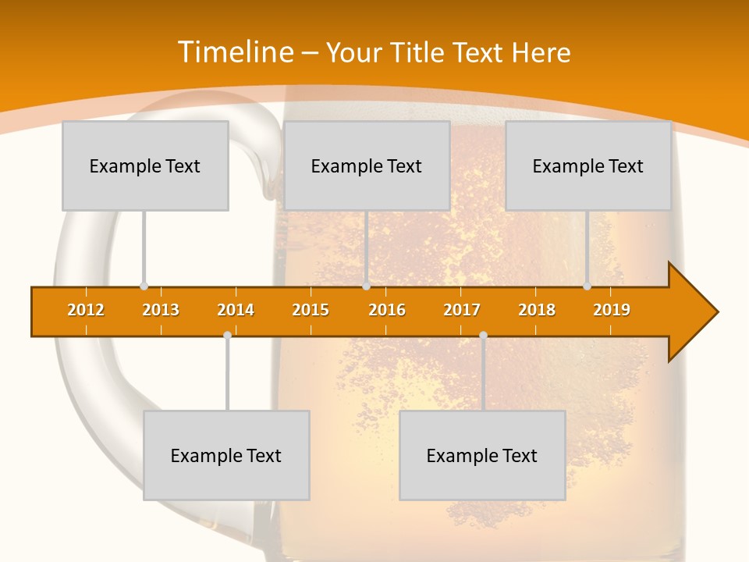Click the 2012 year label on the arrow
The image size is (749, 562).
click(86, 311)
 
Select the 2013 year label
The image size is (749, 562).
click(161, 311)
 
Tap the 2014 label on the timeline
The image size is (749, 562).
click(236, 311)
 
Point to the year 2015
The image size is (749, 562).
click(311, 311)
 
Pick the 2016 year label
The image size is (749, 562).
click(387, 311)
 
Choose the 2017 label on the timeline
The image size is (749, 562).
click(462, 311)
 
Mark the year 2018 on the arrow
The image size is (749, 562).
click(537, 311)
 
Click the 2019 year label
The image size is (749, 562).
click(612, 311)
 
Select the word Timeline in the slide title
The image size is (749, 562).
click(235, 52)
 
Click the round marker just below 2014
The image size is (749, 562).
click(227, 335)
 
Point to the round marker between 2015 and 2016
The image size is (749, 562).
click(366, 286)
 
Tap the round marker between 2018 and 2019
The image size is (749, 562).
click(587, 286)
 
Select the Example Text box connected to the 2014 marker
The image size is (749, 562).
click(226, 455)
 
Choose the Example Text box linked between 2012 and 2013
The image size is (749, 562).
click(145, 165)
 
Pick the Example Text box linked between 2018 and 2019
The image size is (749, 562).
click(588, 165)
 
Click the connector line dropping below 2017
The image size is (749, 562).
click(483, 375)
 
